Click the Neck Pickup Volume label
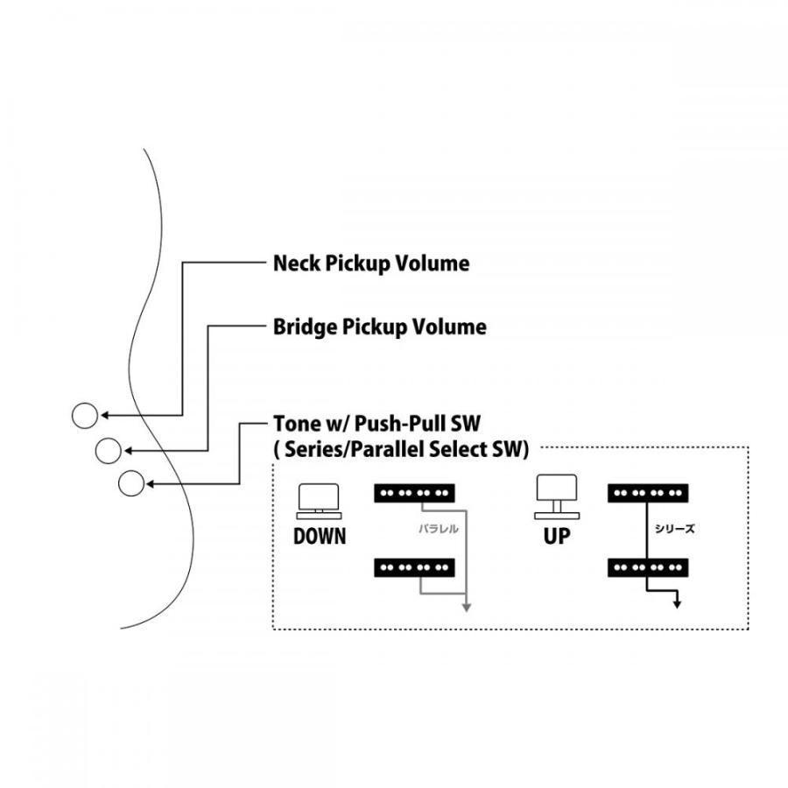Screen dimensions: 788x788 coord(371,263)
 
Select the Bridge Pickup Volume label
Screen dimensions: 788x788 coord(380,327)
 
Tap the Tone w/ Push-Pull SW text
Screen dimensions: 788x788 coord(376,426)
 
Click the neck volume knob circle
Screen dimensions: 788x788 coord(84,415)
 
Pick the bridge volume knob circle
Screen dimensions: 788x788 coord(108,450)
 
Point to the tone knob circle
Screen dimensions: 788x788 coord(130,483)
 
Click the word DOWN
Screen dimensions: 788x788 coord(319,536)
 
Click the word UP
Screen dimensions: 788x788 coord(556,536)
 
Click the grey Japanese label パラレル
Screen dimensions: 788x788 coord(438,530)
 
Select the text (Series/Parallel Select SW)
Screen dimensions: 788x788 coord(402,450)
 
